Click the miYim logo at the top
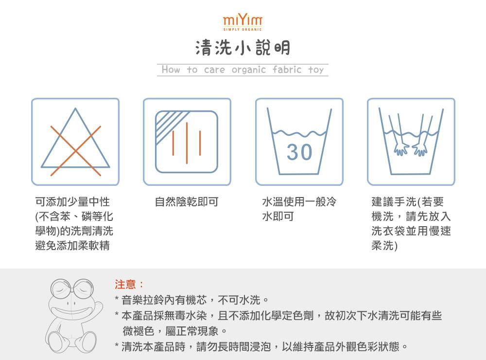click(243, 21)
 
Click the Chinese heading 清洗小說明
click(243, 48)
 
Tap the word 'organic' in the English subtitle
click(249, 70)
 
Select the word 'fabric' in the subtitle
click(287, 70)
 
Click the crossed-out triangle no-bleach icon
click(75, 142)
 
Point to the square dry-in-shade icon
click(187, 142)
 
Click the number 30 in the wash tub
click(299, 152)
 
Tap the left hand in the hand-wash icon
click(401, 149)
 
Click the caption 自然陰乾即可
click(186, 201)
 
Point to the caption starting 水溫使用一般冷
click(299, 201)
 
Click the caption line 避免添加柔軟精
click(72, 246)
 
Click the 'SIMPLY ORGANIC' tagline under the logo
click(243, 30)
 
